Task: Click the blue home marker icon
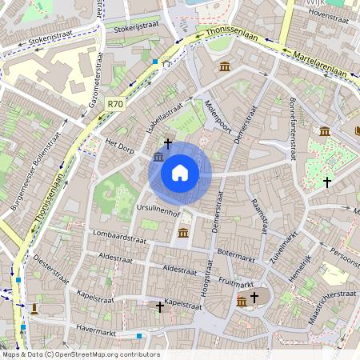pyautogui.click(x=180, y=172)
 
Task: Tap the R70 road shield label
pyautogui.click(x=116, y=104)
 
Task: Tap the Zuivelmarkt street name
pyautogui.click(x=284, y=242)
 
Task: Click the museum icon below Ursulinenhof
pyautogui.click(x=183, y=233)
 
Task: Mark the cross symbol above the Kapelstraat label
pyautogui.click(x=159, y=306)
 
